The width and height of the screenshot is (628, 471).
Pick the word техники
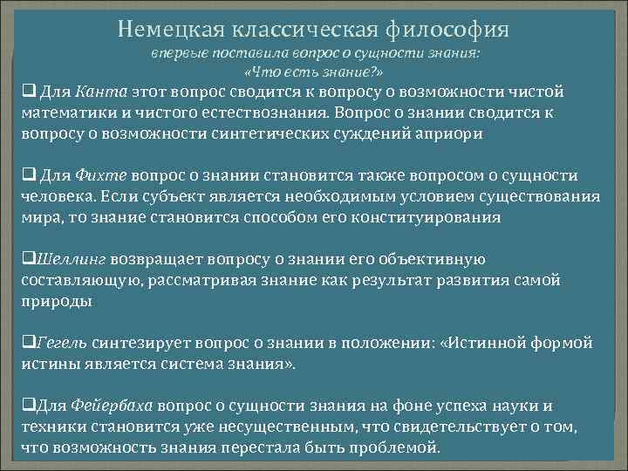point(54,428)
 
